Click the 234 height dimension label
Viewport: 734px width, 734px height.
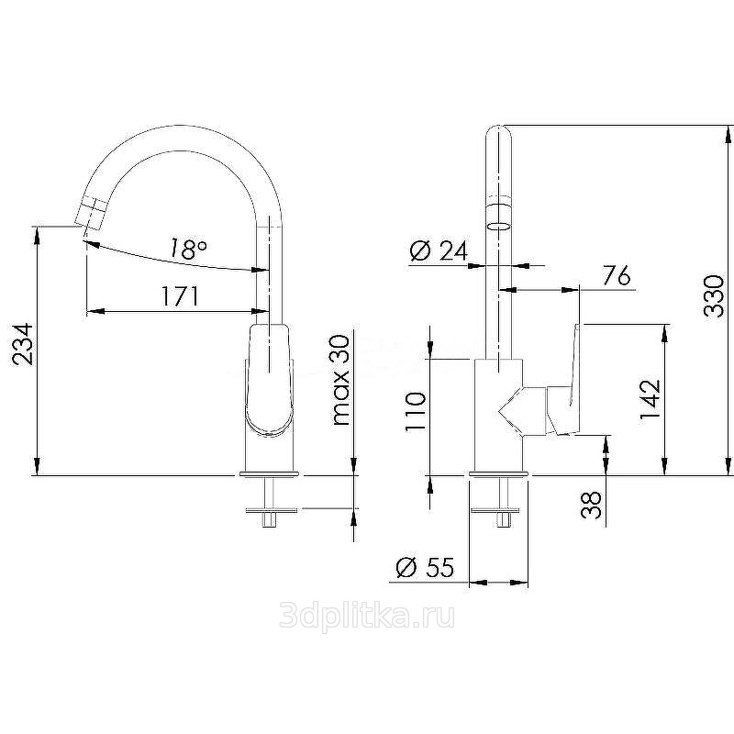pyautogui.click(x=22, y=344)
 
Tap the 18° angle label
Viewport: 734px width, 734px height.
pyautogui.click(x=188, y=249)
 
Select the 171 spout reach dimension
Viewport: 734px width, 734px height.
pyautogui.click(x=181, y=295)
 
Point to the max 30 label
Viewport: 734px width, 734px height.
pyautogui.click(x=340, y=380)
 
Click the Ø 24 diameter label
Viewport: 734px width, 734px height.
pyautogui.click(x=439, y=250)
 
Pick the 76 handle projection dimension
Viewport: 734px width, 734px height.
pyautogui.click(x=617, y=275)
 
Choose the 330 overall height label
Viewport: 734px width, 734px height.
pyautogui.click(x=715, y=296)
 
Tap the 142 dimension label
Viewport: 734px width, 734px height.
pyautogui.click(x=651, y=400)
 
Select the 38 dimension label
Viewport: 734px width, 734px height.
pyautogui.click(x=591, y=506)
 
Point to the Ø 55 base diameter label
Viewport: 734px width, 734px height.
pyautogui.click(x=425, y=567)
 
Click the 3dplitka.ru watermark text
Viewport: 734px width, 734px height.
pyautogui.click(x=367, y=616)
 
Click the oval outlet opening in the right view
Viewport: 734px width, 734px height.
pyautogui.click(x=499, y=226)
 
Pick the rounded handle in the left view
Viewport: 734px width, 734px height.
pyautogui.click(x=269, y=379)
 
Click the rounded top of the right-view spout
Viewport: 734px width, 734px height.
pyautogui.click(x=499, y=132)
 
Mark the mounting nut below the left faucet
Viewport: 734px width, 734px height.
pyautogui.click(x=272, y=510)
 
